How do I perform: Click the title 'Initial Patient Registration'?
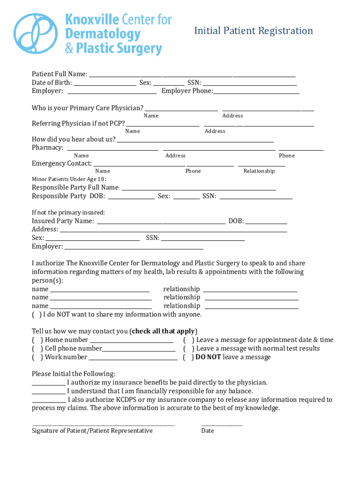(253, 31)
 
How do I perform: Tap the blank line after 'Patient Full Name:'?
(192, 74)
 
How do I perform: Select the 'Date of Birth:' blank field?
(105, 83)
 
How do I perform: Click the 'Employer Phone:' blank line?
(256, 91)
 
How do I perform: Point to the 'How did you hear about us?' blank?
(195, 139)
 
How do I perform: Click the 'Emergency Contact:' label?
(62, 164)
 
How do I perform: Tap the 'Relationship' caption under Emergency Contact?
(259, 171)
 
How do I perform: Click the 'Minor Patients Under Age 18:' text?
(69, 179)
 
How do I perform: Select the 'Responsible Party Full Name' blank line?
(198, 188)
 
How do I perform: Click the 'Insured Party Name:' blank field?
(160, 221)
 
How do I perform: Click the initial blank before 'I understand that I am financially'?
(49, 391)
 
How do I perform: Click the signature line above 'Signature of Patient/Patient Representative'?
(103, 424)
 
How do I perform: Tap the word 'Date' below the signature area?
(208, 431)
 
